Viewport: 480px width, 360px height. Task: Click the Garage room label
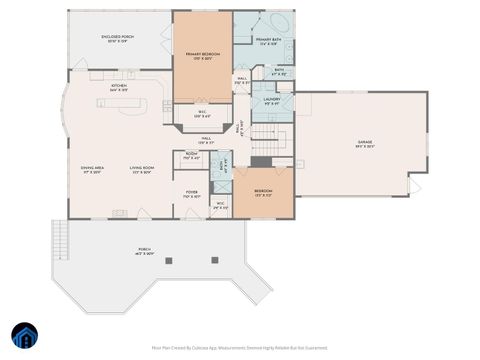tap(365, 145)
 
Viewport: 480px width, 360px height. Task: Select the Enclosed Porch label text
tap(118, 40)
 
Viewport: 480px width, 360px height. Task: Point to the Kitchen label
tap(119, 88)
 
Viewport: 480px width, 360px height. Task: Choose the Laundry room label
tap(271, 101)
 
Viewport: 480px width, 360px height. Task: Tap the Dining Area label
tap(92, 169)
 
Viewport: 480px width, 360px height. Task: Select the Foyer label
tap(191, 194)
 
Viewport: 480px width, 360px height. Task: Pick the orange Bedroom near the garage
tap(263, 192)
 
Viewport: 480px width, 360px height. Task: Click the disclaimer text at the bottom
tap(239, 347)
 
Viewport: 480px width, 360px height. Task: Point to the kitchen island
tap(122, 102)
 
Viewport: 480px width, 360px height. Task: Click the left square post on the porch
tap(168, 261)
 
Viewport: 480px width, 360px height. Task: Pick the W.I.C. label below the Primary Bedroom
tap(202, 113)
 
